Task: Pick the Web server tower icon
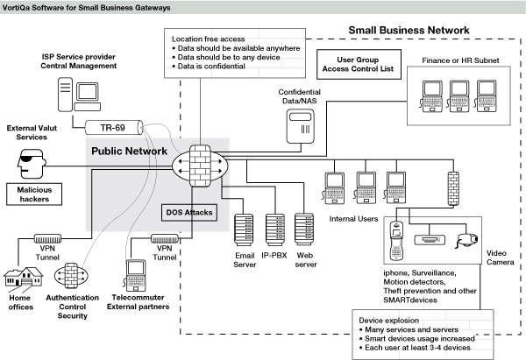[x=305, y=229]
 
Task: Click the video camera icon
[x=467, y=237]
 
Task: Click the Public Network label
[x=130, y=152]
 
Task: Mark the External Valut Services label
[x=36, y=132]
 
